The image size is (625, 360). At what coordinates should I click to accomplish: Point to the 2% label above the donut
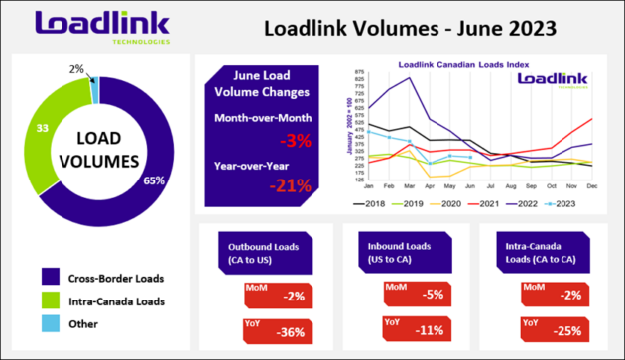tap(75, 69)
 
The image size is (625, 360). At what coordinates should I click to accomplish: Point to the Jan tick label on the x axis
tap(369, 186)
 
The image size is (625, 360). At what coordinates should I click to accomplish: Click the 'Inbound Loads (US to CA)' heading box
tap(391, 252)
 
